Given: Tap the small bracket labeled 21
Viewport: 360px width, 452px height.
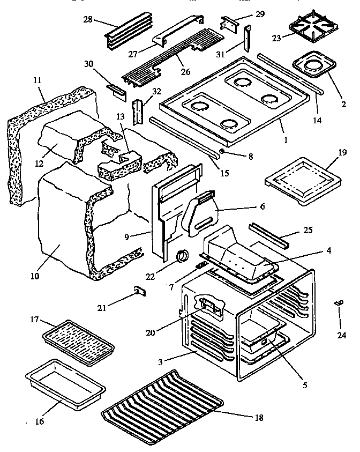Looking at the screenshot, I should (140, 291).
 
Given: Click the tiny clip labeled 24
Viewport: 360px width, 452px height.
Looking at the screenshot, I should (337, 304).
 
